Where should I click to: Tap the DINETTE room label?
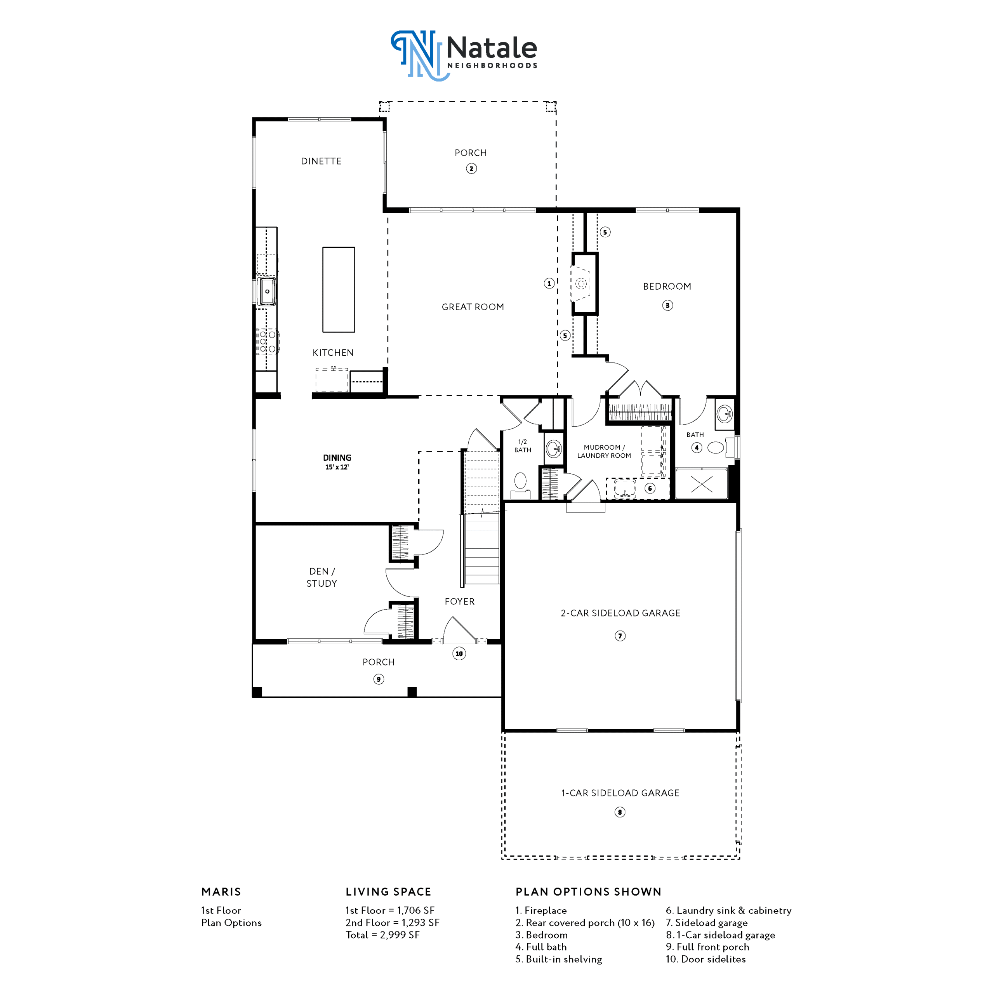pyautogui.click(x=321, y=161)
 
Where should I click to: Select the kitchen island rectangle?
pyautogui.click(x=339, y=290)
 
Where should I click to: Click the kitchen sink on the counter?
pyautogui.click(x=267, y=291)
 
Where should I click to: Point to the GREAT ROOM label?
pyautogui.click(x=473, y=307)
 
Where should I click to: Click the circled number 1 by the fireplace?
pyautogui.click(x=549, y=283)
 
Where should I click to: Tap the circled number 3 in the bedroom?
pyautogui.click(x=667, y=305)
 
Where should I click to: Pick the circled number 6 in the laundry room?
pyautogui.click(x=650, y=488)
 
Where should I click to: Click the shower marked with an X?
pyautogui.click(x=701, y=484)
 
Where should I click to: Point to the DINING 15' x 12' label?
pyautogui.click(x=337, y=462)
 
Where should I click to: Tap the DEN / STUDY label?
pyautogui.click(x=321, y=577)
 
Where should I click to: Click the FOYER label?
pyautogui.click(x=459, y=601)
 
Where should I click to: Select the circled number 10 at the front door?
pyautogui.click(x=459, y=653)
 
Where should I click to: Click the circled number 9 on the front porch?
pyautogui.click(x=379, y=679)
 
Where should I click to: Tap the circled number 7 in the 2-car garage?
pyautogui.click(x=620, y=636)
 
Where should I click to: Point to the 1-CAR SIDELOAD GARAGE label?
pyautogui.click(x=620, y=793)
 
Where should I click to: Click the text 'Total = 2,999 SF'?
pyautogui.click(x=383, y=935)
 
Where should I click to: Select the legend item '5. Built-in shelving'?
pyautogui.click(x=559, y=959)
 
